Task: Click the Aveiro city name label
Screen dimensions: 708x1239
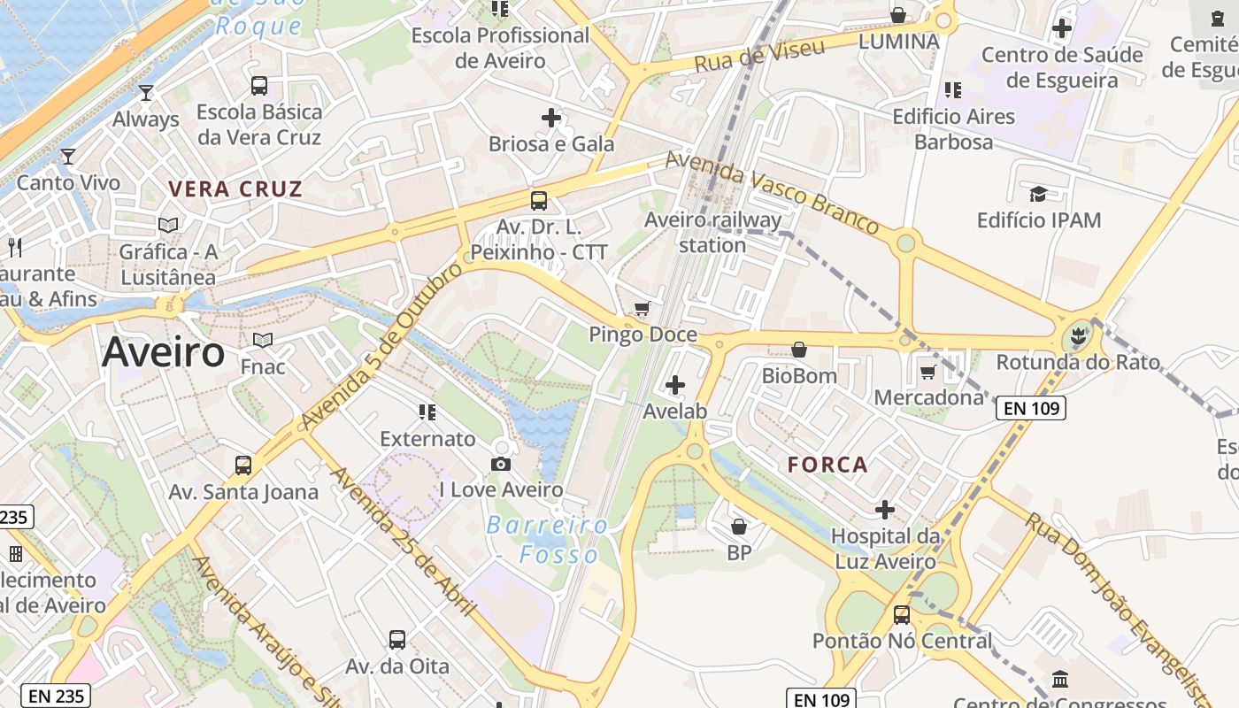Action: coord(164,352)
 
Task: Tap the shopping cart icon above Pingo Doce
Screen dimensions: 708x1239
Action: coord(643,309)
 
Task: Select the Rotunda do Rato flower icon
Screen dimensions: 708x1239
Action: coord(1077,336)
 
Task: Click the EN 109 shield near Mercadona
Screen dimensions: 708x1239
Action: coord(1030,407)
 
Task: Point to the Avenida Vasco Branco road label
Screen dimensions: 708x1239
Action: coord(772,192)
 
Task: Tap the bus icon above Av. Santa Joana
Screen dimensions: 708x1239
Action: coord(242,465)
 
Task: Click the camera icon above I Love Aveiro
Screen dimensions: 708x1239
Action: coord(501,464)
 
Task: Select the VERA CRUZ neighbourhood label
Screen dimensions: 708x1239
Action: coord(235,189)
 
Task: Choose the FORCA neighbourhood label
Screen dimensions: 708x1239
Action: coord(827,465)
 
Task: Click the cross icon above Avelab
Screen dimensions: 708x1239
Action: coord(675,384)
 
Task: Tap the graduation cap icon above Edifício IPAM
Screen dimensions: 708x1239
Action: coord(1038,193)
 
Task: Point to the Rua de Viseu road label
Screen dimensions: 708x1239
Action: coord(759,55)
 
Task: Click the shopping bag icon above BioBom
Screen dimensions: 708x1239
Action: coord(799,350)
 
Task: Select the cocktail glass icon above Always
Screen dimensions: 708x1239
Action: coord(146,92)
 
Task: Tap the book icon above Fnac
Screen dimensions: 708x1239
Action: coord(263,340)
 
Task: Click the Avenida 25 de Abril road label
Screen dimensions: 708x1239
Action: coord(404,542)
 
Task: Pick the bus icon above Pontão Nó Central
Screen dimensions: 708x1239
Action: coord(902,613)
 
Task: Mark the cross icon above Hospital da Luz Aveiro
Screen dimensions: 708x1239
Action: coord(884,510)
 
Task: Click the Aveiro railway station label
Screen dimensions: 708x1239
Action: coord(712,232)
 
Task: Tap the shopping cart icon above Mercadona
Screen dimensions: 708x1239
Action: coord(927,372)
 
